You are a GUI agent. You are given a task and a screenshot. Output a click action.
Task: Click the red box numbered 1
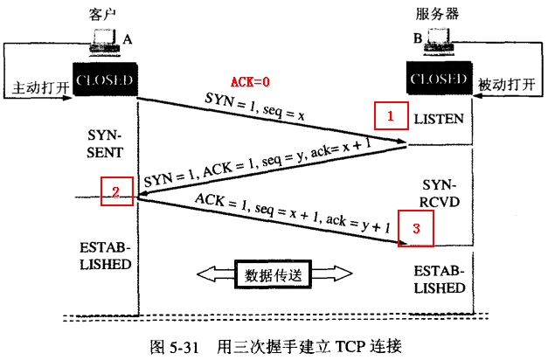pos(391,114)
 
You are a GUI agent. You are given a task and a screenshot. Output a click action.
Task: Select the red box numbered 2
pos(116,190)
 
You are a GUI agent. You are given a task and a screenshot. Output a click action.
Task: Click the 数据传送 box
pos(273,274)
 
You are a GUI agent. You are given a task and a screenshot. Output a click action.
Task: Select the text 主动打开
pos(37,88)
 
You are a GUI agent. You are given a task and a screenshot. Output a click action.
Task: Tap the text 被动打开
pos(507,87)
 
